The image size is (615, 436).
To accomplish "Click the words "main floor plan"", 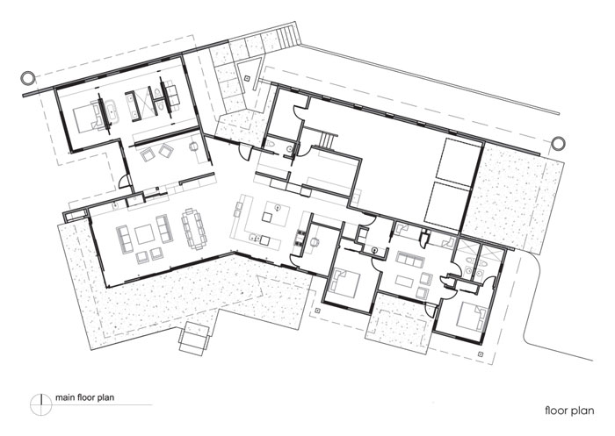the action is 84,397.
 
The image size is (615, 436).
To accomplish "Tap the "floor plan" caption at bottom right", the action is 569,411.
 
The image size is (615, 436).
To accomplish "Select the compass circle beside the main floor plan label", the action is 40,404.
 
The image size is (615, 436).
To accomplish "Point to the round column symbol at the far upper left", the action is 27,78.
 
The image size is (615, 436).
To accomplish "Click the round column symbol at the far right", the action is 557,144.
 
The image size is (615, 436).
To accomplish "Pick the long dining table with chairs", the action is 194,229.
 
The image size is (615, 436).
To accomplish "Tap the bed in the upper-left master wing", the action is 85,116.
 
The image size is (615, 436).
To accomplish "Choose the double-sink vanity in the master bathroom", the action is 133,104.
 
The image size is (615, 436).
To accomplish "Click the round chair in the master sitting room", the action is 194,147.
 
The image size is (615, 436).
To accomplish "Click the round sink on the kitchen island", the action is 279,207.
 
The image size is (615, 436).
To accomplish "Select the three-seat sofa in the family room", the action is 410,260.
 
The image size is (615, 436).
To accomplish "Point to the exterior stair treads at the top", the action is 287,35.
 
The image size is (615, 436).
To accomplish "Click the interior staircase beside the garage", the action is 327,140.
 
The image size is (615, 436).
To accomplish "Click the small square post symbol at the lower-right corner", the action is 481,354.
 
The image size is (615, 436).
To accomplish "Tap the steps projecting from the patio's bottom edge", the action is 194,339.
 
